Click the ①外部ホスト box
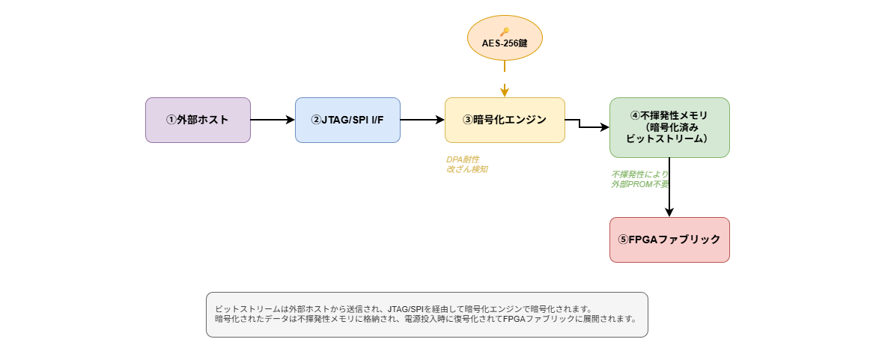198,120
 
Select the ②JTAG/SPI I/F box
347,120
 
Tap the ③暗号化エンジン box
505,120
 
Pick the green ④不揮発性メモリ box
669,128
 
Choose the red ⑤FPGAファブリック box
669,240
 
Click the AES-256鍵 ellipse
505,37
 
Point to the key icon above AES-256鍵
505,32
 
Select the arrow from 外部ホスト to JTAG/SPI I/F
273,120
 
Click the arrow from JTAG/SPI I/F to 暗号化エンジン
422,120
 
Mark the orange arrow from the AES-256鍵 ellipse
505,79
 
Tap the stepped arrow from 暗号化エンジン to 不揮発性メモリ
580,124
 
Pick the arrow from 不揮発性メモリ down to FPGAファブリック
669,188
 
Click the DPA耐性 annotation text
463,159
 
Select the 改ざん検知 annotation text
467,169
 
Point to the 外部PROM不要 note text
640,184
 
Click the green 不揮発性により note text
639,174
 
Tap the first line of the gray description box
404,309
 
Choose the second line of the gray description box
426,320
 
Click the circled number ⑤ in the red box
624,240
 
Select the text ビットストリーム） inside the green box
669,138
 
